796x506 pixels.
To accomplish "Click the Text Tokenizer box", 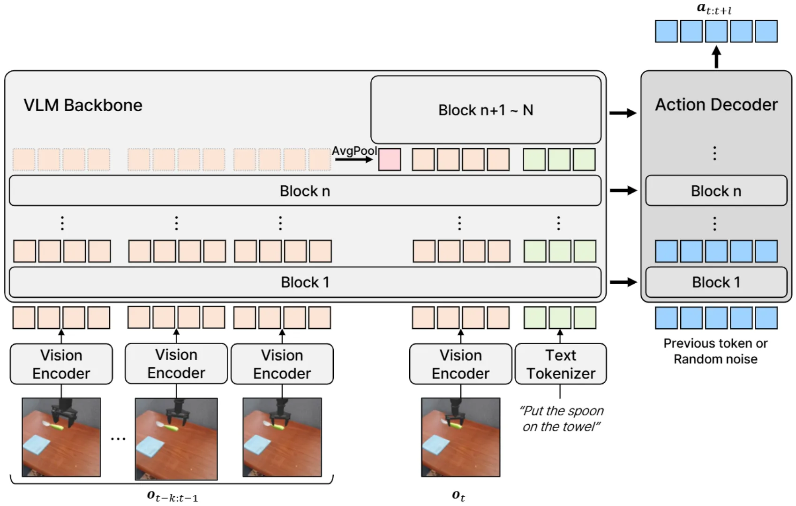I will click(x=560, y=364).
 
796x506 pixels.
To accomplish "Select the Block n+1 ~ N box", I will click(x=486, y=110).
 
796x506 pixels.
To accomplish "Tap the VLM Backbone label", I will click(x=83, y=105).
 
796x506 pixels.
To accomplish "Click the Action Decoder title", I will click(x=716, y=104).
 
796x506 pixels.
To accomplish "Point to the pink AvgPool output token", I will click(x=390, y=159).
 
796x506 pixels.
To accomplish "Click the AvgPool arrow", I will click(x=354, y=159).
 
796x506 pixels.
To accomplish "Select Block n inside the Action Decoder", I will click(x=716, y=191).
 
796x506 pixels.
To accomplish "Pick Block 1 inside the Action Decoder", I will click(x=716, y=282).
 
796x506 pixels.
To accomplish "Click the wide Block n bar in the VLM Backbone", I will click(x=305, y=191).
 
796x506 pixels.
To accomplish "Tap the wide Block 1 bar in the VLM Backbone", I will click(x=305, y=282).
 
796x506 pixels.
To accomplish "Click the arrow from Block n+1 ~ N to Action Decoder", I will click(x=623, y=113).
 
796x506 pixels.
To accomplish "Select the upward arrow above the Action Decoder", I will click(x=716, y=57).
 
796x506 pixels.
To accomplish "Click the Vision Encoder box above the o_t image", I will click(x=460, y=364).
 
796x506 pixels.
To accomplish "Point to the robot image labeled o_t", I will click(x=460, y=437).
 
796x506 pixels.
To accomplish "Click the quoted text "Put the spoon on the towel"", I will click(x=561, y=419).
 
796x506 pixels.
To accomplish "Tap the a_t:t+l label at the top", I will click(x=714, y=8).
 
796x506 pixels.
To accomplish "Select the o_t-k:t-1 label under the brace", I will click(x=173, y=496).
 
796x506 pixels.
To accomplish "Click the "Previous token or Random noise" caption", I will click(x=715, y=351).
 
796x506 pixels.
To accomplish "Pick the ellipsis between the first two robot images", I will click(x=118, y=439).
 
